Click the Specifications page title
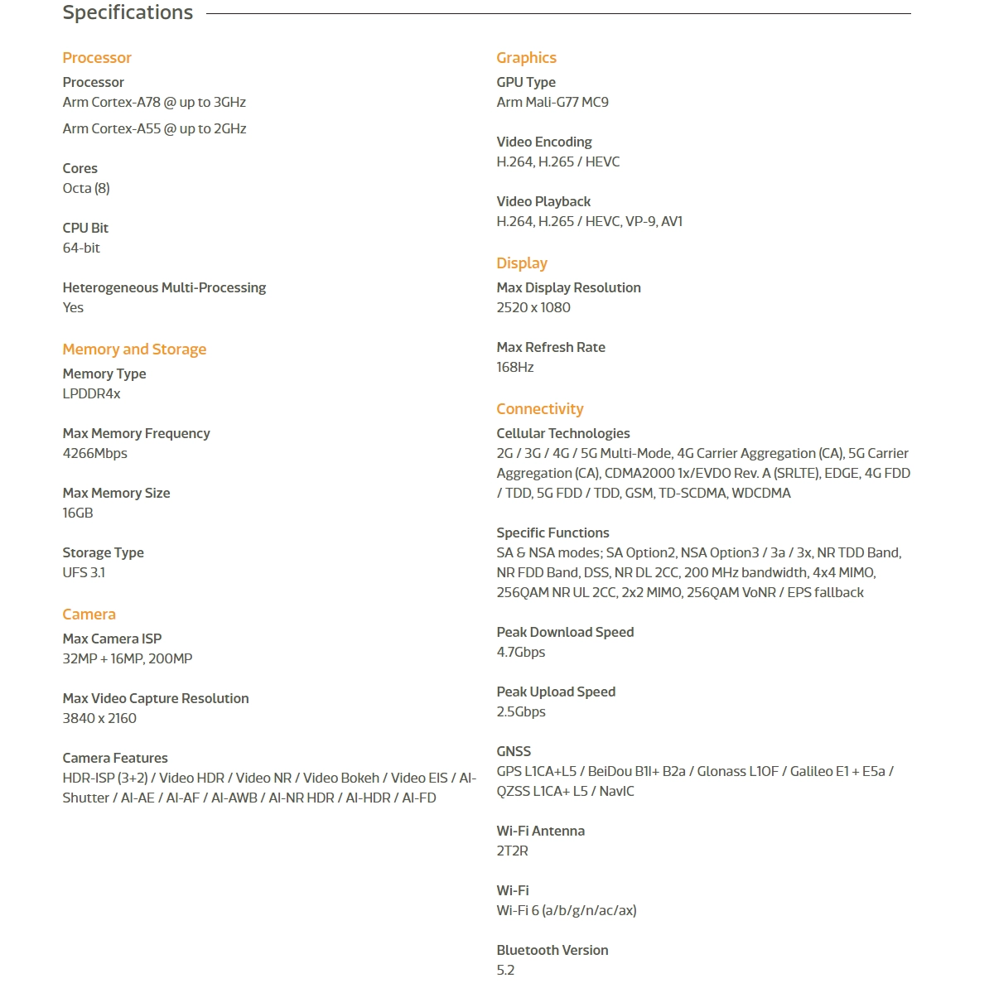coord(128,13)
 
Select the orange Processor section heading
coord(97,58)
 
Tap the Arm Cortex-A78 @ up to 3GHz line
coord(154,103)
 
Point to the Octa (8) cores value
coord(86,189)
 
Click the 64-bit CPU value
coord(81,248)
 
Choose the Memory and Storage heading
coord(134,349)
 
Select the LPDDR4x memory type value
coord(91,394)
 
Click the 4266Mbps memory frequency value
coord(95,454)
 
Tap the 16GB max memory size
coord(78,513)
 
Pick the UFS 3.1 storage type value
coord(84,573)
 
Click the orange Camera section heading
coord(89,615)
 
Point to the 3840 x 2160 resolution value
coord(99,719)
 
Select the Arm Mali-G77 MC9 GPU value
coord(552,103)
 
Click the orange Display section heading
coord(522,263)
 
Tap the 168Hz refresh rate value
coord(515,368)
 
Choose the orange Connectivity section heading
coord(540,409)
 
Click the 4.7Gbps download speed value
coord(521,653)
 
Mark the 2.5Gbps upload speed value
coord(521,712)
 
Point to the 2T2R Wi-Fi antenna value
coord(512,851)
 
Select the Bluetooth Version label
coord(552,951)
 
